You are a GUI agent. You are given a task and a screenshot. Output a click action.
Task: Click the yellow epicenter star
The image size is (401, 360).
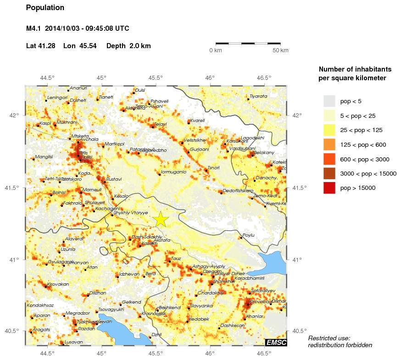click(x=161, y=219)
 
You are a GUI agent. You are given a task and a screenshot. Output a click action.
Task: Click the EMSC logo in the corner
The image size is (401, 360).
click(x=276, y=342)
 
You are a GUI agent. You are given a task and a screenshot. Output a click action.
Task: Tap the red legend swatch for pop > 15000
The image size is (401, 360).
click(x=329, y=188)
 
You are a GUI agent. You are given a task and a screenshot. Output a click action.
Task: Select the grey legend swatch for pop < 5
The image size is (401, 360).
click(x=329, y=100)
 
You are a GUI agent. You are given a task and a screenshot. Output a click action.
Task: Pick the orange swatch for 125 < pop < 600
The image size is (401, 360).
click(x=329, y=144)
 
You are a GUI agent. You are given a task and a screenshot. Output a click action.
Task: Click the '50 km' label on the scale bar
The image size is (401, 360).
click(x=280, y=50)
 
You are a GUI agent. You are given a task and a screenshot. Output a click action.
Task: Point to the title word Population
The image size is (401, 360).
click(x=45, y=8)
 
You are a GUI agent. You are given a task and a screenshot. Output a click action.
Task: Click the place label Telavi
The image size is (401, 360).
click(x=160, y=124)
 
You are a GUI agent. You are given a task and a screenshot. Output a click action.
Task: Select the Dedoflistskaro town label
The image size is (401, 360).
click(x=238, y=191)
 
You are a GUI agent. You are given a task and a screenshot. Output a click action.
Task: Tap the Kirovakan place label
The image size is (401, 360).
click(x=57, y=284)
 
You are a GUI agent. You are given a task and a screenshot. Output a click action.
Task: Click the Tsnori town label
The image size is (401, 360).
click(x=213, y=168)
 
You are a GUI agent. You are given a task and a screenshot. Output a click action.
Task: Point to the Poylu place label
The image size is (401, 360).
click(x=248, y=235)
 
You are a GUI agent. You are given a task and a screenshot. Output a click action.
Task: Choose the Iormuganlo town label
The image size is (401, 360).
click(x=173, y=172)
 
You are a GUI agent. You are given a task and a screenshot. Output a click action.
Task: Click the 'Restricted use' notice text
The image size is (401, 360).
click(x=329, y=338)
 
